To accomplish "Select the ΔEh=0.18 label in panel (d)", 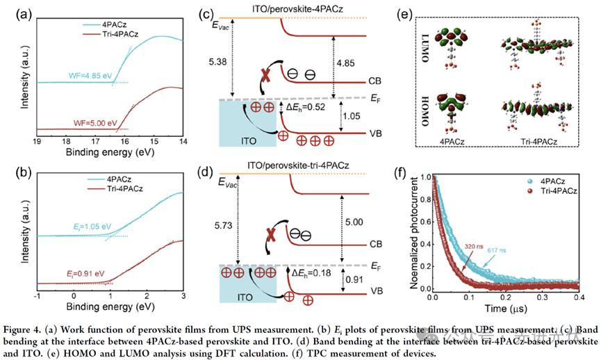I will point(307,273).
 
